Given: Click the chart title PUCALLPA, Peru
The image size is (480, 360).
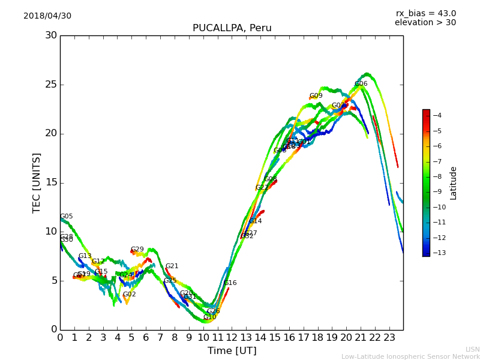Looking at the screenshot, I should tap(232, 28).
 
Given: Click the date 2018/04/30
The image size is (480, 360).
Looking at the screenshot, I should tap(47, 16).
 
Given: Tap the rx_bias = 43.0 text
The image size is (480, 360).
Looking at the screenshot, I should tap(425, 14).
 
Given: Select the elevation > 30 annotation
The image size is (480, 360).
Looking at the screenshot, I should tap(425, 23).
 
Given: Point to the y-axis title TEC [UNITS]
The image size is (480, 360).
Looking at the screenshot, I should tap(37, 182).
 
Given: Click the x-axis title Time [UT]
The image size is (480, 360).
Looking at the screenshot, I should tap(232, 350).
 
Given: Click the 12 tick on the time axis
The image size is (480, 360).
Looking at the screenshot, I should tap(232, 338).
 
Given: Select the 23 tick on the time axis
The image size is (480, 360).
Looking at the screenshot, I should tap(389, 338).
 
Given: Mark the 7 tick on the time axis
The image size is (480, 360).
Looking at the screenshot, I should tap(160, 338).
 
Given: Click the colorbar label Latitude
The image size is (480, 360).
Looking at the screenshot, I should tap(454, 182).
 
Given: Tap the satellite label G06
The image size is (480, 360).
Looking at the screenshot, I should tap(361, 84).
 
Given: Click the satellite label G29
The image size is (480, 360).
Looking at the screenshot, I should tap(137, 250).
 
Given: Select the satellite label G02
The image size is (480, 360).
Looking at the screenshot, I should tap(130, 295).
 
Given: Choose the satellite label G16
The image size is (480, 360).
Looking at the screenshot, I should tap(230, 283).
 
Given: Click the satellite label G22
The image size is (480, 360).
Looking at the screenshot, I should tap(262, 188).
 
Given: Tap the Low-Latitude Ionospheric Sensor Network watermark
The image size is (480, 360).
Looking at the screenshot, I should tap(410, 356).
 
